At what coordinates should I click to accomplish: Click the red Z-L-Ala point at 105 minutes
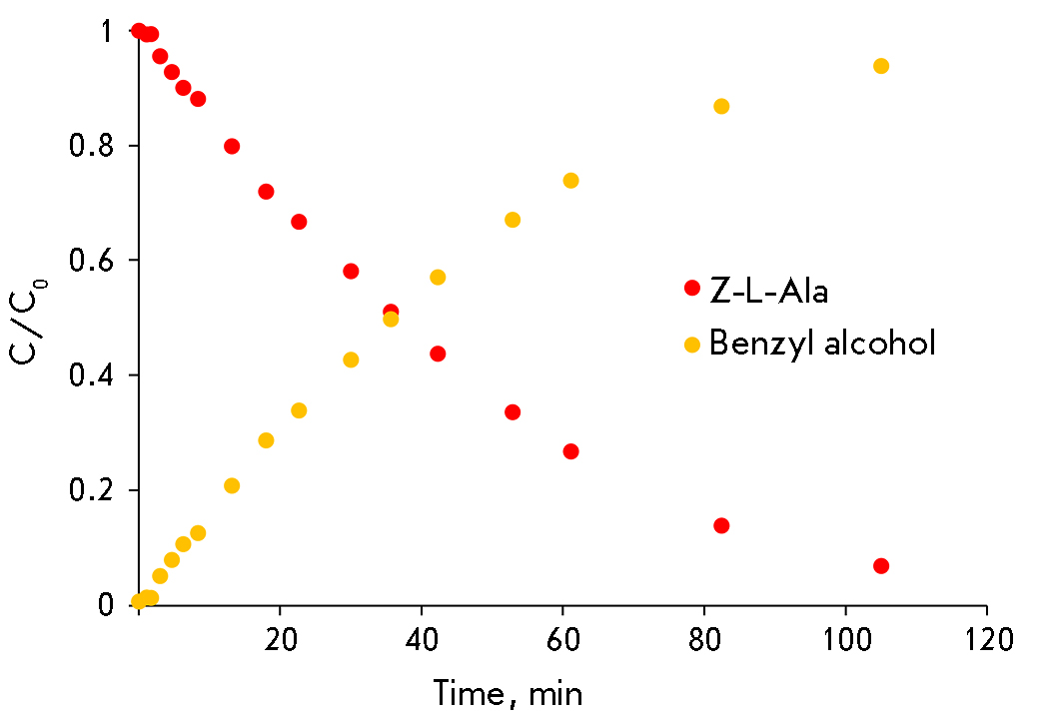click(x=881, y=566)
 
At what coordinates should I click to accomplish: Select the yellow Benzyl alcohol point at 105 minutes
click(x=881, y=66)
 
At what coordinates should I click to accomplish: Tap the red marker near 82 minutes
click(x=721, y=525)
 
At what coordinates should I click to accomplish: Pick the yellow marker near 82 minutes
click(x=721, y=106)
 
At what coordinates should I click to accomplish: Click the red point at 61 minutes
click(x=571, y=451)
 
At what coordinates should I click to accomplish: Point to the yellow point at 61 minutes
click(x=571, y=181)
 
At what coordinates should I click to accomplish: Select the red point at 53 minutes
click(x=513, y=412)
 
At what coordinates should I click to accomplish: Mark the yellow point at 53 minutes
click(x=513, y=220)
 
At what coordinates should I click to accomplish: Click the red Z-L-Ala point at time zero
click(x=139, y=31)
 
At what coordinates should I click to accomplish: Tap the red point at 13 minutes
click(x=232, y=146)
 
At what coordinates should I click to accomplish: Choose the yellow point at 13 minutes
click(x=232, y=485)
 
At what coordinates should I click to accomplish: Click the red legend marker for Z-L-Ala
click(x=691, y=288)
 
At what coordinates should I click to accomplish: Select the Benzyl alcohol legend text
click(x=822, y=345)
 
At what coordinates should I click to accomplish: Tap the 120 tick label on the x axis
click(x=987, y=637)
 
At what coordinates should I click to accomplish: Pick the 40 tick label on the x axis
click(x=422, y=637)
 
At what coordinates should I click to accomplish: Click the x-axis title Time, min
click(x=508, y=692)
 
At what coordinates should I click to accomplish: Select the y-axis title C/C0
click(x=30, y=318)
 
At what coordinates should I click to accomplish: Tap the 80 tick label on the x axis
click(x=704, y=637)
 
